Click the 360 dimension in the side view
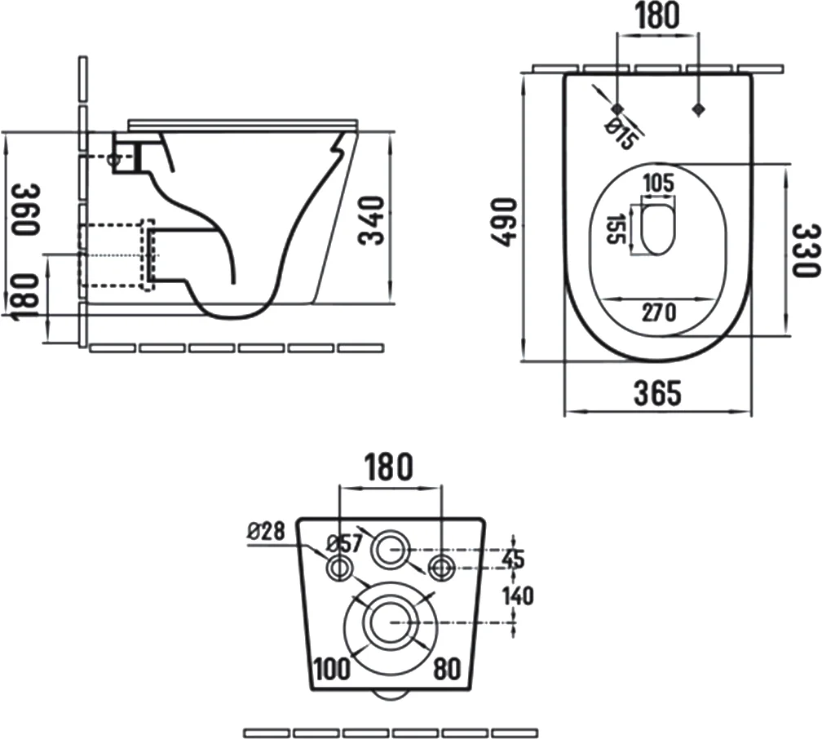(x=25, y=210)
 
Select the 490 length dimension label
(x=502, y=222)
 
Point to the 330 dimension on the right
(x=805, y=250)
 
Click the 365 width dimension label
(x=658, y=393)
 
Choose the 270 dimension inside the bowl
(x=659, y=312)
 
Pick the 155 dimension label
(x=616, y=228)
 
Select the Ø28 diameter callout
(x=266, y=532)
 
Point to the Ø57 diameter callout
(x=344, y=543)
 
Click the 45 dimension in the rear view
(x=513, y=559)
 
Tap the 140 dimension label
(x=518, y=595)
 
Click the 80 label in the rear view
(x=447, y=668)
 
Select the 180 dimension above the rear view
(x=388, y=467)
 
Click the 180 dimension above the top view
(x=657, y=15)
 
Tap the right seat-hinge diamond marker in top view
(x=698, y=109)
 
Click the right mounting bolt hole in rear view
(x=442, y=567)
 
